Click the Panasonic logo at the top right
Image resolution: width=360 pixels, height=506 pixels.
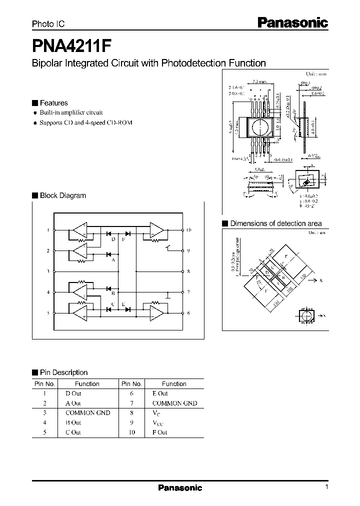pyautogui.click(x=292, y=22)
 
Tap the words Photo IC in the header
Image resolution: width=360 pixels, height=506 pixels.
pyautogui.click(x=48, y=23)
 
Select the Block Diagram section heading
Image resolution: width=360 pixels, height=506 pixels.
pyautogui.click(x=62, y=195)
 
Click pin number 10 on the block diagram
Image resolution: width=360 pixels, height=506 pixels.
pyautogui.click(x=189, y=230)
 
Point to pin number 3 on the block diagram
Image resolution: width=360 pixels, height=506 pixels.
pyautogui.click(x=48, y=271)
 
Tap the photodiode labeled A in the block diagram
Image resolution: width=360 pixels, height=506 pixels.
pyautogui.click(x=108, y=254)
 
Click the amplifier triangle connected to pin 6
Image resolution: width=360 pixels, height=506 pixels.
pyautogui.click(x=156, y=313)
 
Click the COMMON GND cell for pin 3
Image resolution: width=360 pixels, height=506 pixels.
pyautogui.click(x=87, y=412)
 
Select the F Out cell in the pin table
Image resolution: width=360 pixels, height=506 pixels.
pyautogui.click(x=160, y=432)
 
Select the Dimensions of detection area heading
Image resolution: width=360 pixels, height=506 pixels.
pyautogui.click(x=275, y=223)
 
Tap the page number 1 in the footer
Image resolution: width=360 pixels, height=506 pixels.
pyautogui.click(x=326, y=487)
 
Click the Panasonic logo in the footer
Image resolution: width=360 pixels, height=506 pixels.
pyautogui.click(x=180, y=487)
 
